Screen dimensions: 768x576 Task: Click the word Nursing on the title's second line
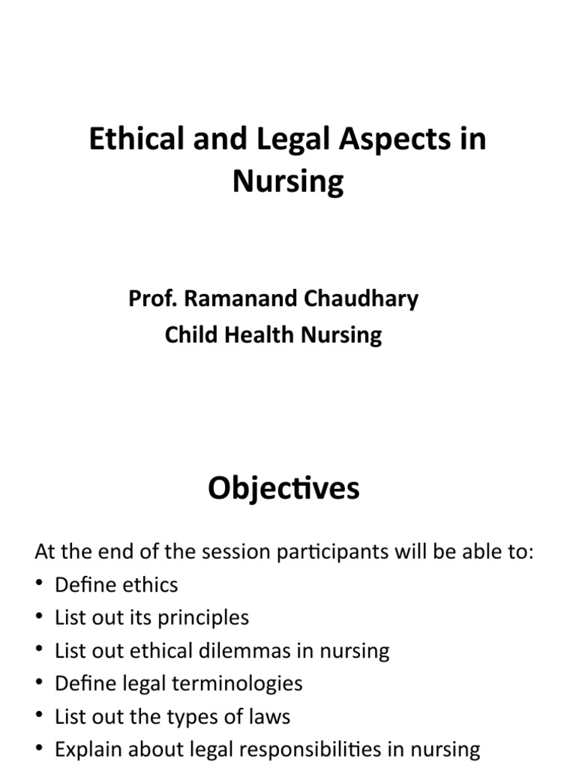(x=288, y=181)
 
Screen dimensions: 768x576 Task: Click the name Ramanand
(x=230, y=298)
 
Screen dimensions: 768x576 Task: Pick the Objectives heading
(x=283, y=489)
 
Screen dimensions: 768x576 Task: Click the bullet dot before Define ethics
(x=40, y=586)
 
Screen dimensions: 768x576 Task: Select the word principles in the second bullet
(x=200, y=618)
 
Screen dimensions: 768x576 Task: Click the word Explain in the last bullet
(x=85, y=749)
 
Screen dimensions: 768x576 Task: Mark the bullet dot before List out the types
(x=40, y=716)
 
